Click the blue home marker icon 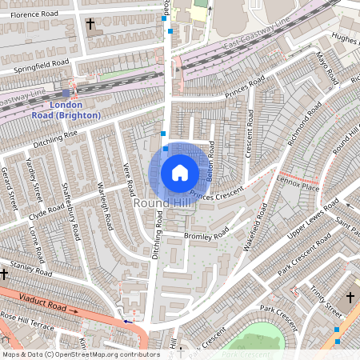pos(180,172)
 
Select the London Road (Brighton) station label pos(75,110)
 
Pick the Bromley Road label pos(206,236)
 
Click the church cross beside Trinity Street pos(350,298)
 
